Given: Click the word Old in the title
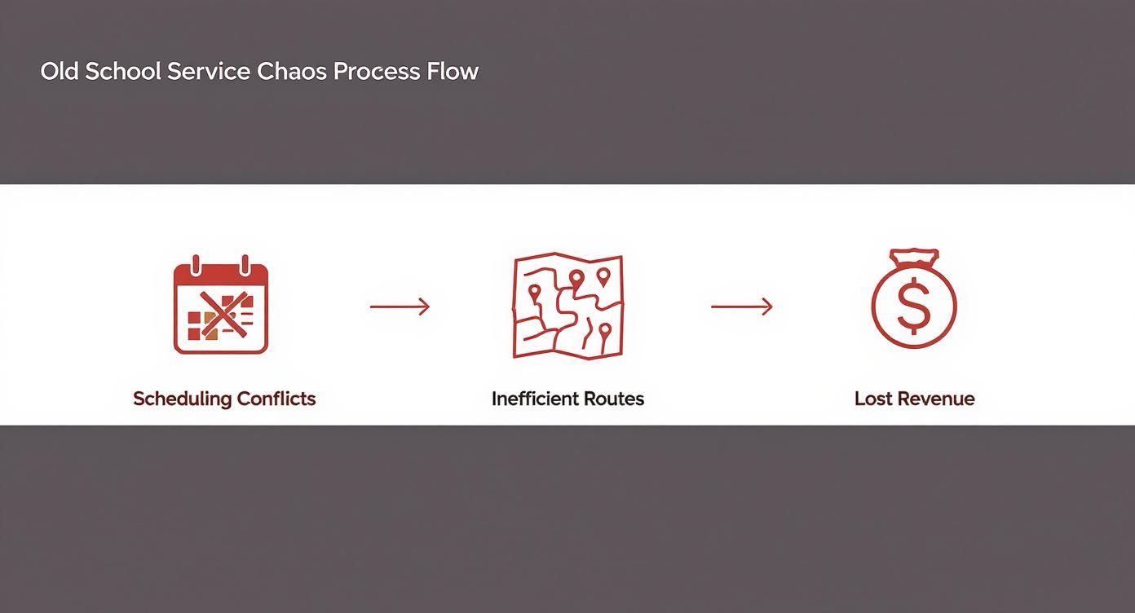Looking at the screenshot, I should [60, 71].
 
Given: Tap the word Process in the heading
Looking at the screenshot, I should [377, 72].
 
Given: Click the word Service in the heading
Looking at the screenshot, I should [208, 71].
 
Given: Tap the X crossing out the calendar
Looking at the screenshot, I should [221, 315].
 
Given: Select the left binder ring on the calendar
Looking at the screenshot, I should [196, 266].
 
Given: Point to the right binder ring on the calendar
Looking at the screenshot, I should [245, 266].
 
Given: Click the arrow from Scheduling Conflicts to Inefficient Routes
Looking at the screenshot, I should [400, 306].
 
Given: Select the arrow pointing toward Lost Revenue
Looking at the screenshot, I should [741, 306].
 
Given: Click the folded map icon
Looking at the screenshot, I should [567, 306].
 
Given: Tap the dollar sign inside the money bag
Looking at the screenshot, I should [913, 306].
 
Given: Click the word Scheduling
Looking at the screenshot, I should [182, 399].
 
